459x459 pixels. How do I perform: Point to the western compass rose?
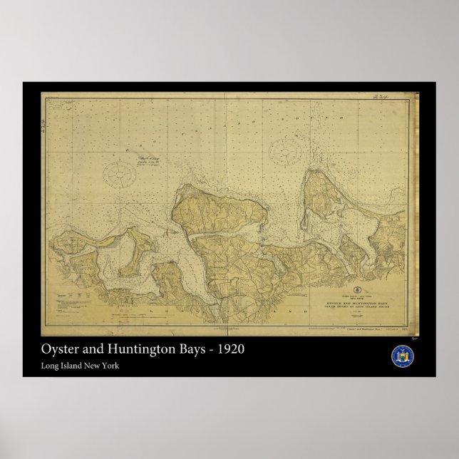(122, 173)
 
